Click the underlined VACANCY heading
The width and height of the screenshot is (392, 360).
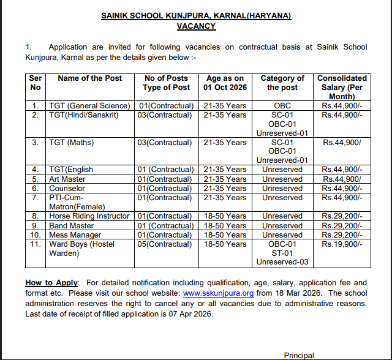[196, 26]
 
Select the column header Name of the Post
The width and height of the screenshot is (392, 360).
[89, 78]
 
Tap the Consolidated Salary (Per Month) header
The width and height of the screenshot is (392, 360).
[342, 88]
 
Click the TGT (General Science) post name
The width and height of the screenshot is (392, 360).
[89, 106]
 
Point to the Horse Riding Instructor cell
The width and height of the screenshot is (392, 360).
[89, 216]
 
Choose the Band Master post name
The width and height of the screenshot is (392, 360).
[72, 225]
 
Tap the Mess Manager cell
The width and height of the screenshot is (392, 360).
[75, 234]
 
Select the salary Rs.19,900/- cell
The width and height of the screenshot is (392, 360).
[342, 244]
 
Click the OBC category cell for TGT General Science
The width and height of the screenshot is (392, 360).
[282, 106]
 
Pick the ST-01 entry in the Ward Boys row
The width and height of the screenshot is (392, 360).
[282, 253]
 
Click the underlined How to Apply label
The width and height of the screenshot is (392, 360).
[51, 283]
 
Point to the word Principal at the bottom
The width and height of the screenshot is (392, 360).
[299, 355]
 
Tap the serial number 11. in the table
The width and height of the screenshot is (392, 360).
[36, 244]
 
